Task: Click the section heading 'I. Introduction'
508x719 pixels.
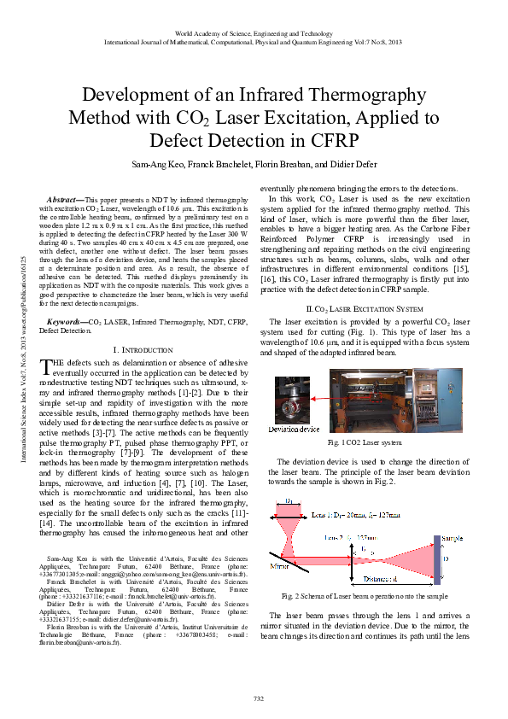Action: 144,350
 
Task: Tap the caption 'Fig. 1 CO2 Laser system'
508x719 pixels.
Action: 365,444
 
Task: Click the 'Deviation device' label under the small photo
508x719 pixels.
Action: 292,428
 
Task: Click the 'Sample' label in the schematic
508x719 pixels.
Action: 453,539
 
